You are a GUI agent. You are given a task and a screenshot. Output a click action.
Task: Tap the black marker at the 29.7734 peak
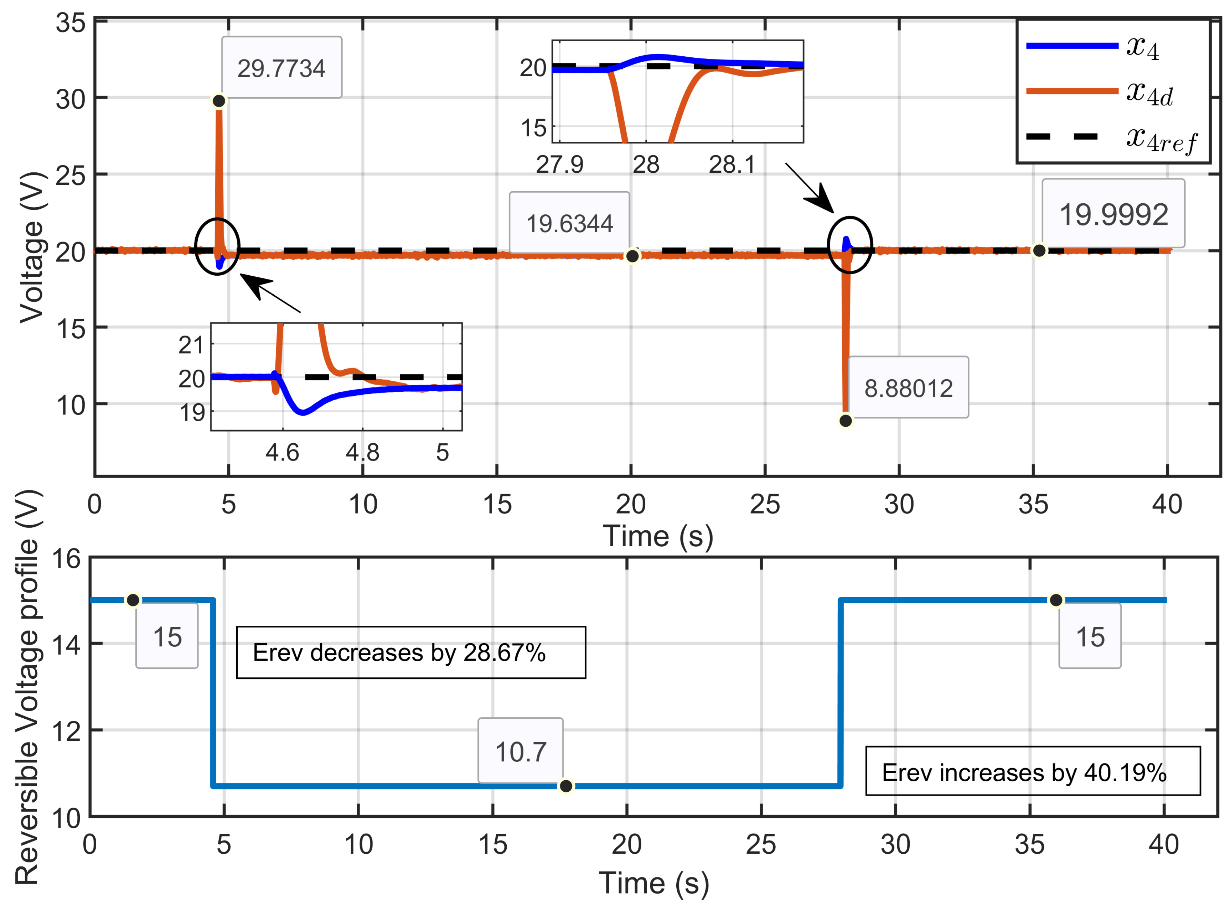pyautogui.click(x=219, y=101)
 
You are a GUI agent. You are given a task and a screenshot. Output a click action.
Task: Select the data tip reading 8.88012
pyautogui.click(x=908, y=388)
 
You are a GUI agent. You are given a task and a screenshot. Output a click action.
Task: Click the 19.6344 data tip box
pyautogui.click(x=569, y=223)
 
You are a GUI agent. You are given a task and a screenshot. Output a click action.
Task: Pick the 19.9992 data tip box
pyautogui.click(x=1113, y=214)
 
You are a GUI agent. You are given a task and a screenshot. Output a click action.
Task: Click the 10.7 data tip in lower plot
pyautogui.click(x=520, y=751)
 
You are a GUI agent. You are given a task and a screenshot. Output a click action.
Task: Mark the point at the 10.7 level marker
pyautogui.click(x=565, y=786)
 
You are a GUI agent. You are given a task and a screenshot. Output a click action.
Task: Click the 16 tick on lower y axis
pyautogui.click(x=66, y=559)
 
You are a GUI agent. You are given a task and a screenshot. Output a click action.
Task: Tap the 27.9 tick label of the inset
pyautogui.click(x=559, y=164)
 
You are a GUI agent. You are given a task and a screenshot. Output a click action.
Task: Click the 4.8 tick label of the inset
pyautogui.click(x=362, y=453)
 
